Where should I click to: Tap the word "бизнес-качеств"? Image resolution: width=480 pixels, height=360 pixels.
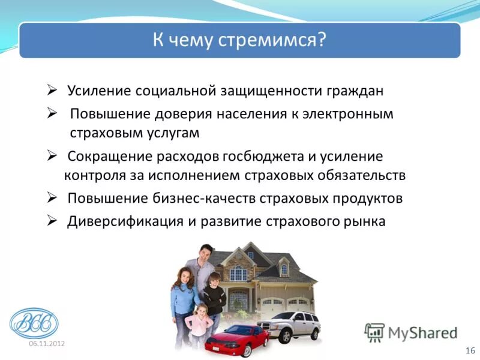pyautogui.click(x=211, y=199)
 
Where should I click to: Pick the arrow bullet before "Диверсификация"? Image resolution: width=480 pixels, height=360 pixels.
pyautogui.click(x=52, y=220)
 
